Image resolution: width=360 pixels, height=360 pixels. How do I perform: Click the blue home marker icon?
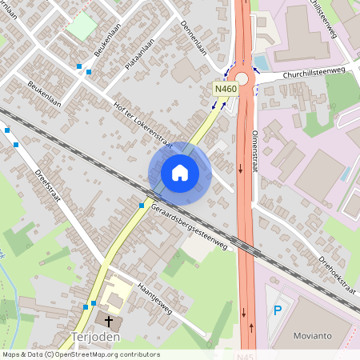pyautogui.click(x=180, y=173)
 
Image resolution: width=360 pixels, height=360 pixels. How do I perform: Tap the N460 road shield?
pyautogui.click(x=225, y=89)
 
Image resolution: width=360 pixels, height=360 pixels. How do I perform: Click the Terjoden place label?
pyautogui.click(x=96, y=337)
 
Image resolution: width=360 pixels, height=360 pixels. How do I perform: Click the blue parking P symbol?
pyautogui.click(x=278, y=310)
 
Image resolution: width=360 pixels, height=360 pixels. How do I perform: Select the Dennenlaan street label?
pyautogui.click(x=194, y=36)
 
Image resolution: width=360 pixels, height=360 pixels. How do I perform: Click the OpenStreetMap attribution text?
pyautogui.click(x=81, y=354)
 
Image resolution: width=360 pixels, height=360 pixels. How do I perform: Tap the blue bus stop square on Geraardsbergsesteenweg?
pyautogui.click(x=141, y=206)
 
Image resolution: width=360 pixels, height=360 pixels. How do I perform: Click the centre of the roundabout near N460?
pyautogui.click(x=239, y=77)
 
